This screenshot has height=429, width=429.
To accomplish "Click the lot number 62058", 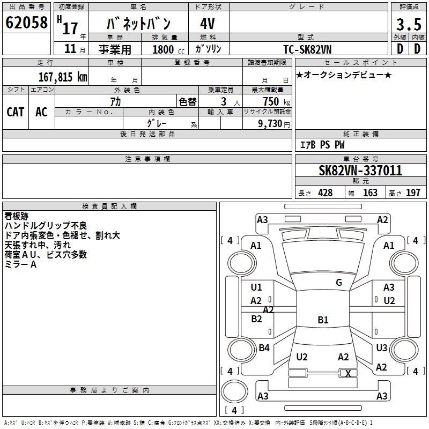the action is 26,23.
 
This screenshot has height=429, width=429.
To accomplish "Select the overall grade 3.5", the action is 409,24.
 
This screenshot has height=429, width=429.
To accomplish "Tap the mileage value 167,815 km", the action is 63,77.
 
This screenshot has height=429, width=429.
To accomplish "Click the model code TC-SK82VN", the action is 307,49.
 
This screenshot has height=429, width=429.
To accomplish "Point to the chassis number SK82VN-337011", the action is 360,170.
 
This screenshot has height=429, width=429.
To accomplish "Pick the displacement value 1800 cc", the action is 168,49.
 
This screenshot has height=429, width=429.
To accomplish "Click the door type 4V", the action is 208,24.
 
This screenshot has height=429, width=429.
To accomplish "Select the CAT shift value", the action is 16,112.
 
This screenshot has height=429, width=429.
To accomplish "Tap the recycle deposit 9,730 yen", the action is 274,124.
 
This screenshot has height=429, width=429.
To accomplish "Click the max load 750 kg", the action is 276,102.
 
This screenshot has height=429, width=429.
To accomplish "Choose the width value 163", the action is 370,193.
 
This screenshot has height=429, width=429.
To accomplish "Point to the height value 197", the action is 413,193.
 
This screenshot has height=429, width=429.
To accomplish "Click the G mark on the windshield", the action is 339,283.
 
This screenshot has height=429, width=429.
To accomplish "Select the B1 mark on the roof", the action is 323,320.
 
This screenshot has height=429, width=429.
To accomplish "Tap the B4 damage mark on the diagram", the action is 264,347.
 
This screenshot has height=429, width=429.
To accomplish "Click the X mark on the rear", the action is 348,373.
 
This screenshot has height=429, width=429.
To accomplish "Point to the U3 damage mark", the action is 382,347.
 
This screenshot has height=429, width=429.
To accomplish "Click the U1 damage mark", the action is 256,287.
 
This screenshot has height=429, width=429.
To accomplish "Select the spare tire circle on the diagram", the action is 234,391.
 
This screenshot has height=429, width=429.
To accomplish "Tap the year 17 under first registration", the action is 70,28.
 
